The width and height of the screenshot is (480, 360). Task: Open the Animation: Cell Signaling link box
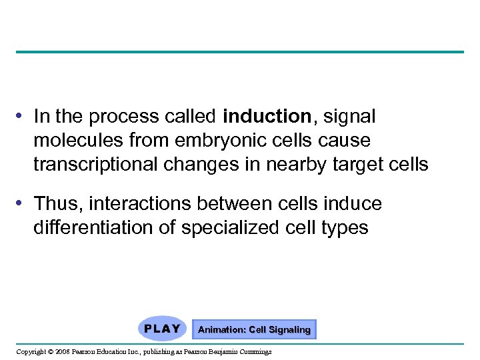tap(254, 329)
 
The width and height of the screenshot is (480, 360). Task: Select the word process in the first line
tap(119, 117)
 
